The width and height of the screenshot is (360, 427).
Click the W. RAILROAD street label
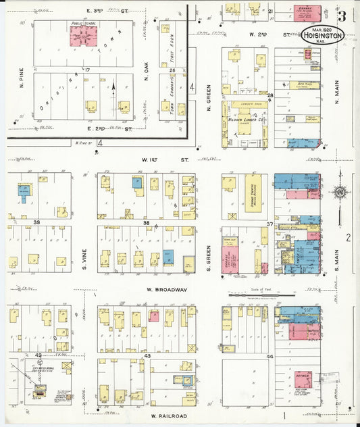tap(168, 416)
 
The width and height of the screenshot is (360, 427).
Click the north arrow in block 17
tap(113, 86)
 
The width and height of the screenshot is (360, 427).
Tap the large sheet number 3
tap(342, 16)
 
